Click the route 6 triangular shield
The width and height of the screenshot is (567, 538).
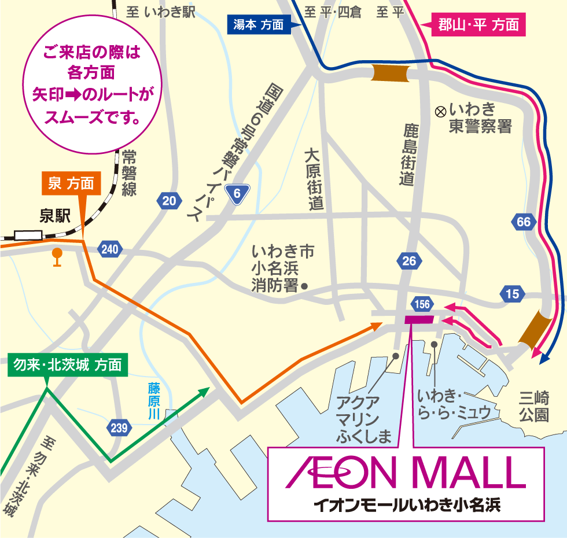click(x=237, y=194)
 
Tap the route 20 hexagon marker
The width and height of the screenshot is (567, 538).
click(x=168, y=201)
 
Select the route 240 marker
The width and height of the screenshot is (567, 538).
click(x=109, y=249)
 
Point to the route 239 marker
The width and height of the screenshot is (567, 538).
click(x=119, y=428)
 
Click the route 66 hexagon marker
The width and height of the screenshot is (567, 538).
click(x=524, y=222)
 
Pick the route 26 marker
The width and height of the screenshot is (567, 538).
click(x=409, y=261)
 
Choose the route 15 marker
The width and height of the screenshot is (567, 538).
click(x=512, y=294)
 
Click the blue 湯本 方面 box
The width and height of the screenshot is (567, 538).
click(x=258, y=25)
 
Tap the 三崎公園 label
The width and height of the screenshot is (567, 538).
click(x=533, y=407)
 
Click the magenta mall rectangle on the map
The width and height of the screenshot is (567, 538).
click(x=419, y=319)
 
